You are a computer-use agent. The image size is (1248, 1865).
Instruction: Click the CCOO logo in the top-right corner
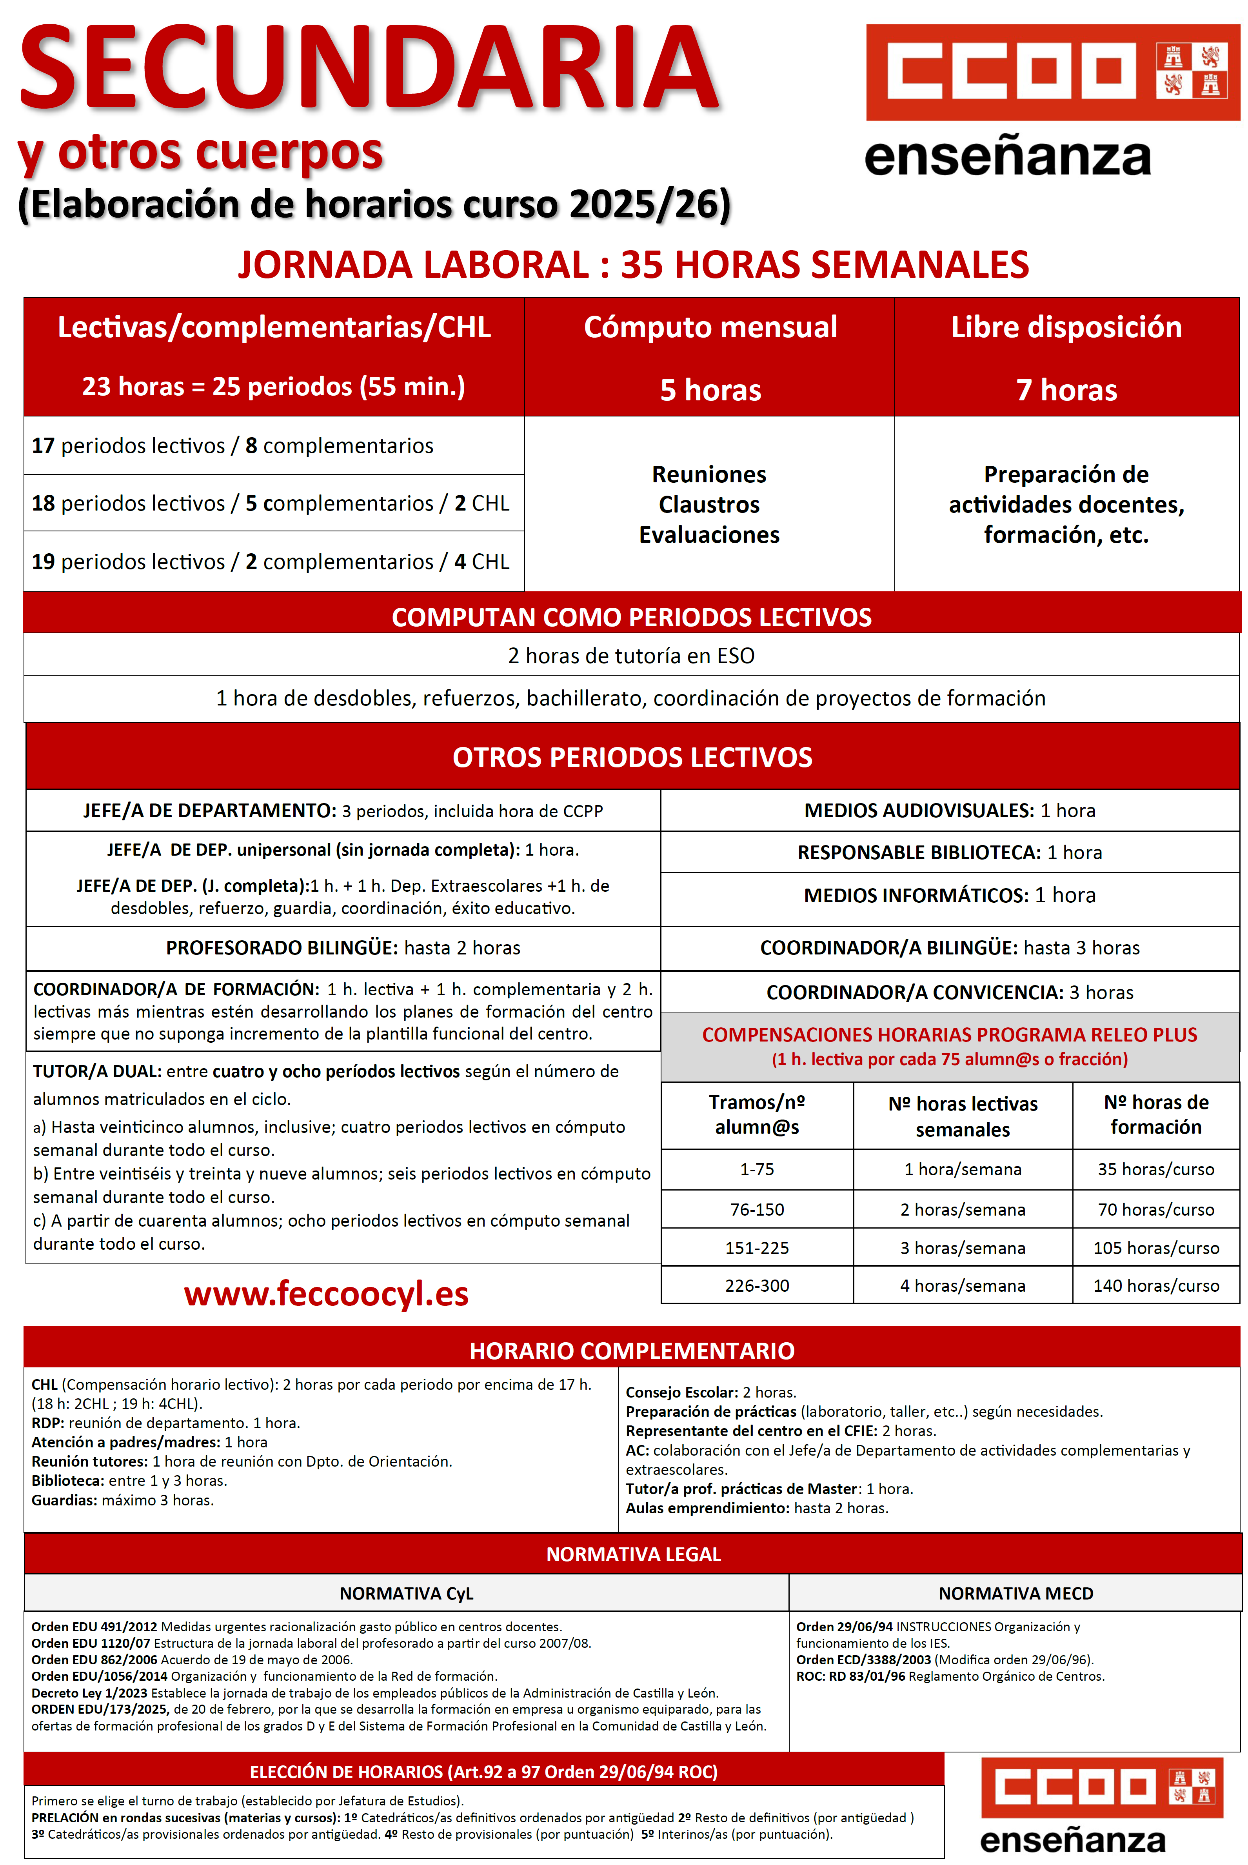coord(1052,73)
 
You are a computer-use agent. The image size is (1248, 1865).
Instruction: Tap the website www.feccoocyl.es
coord(326,1294)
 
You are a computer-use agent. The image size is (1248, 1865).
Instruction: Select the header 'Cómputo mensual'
coord(710,327)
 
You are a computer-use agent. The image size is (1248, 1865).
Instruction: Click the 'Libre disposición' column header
coord(1066,327)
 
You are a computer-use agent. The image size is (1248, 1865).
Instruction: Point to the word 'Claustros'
coord(709,505)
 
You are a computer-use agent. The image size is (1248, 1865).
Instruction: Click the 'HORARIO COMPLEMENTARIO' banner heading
coord(632,1351)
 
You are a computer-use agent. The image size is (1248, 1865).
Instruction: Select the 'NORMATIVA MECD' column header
coord(1015,1593)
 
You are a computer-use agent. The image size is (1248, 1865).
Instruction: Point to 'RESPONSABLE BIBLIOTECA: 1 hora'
coord(950,853)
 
